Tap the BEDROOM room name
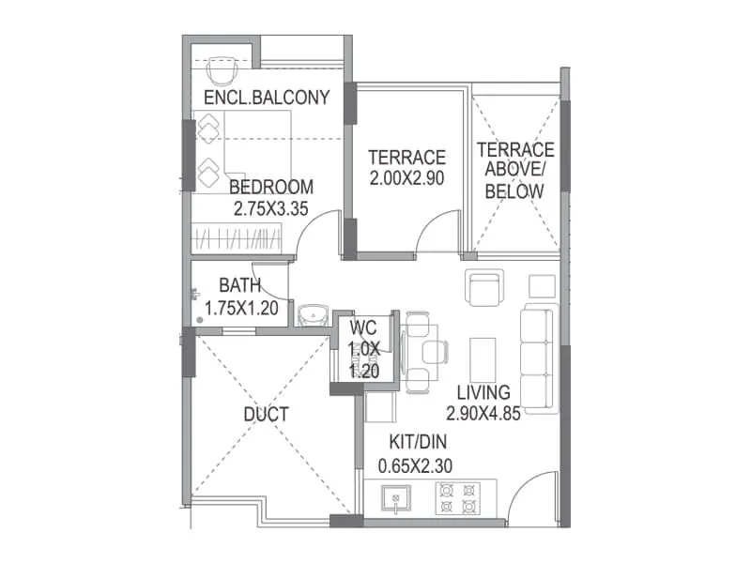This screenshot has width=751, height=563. click(x=271, y=187)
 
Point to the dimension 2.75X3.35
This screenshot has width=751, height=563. click(x=271, y=209)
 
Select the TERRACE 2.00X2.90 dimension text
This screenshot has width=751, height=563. click(x=406, y=176)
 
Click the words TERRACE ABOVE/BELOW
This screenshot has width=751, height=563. click(x=514, y=170)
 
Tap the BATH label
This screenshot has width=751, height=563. click(x=240, y=284)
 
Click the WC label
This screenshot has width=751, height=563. click(x=363, y=328)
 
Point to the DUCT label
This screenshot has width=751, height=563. click(x=265, y=414)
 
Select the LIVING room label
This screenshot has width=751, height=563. click(x=483, y=392)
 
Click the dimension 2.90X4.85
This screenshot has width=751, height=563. click(x=483, y=413)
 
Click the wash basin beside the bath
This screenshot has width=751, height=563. click(x=312, y=314)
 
